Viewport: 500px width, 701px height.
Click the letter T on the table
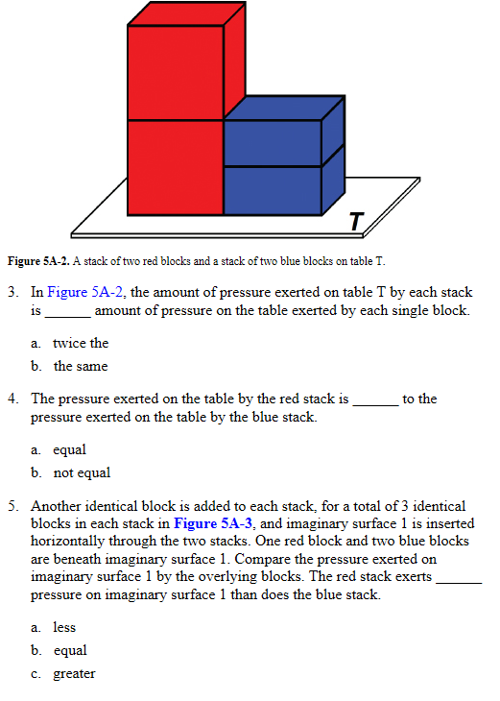click(x=355, y=222)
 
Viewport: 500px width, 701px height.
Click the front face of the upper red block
click(x=175, y=73)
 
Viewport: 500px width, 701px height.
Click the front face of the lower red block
click(x=175, y=166)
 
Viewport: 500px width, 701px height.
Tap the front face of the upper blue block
click(x=273, y=143)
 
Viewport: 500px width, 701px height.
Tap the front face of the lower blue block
click(x=273, y=189)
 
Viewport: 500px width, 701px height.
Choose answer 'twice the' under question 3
click(x=81, y=343)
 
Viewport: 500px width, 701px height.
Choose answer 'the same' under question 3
click(x=81, y=366)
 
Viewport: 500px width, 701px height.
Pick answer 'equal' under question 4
click(x=69, y=449)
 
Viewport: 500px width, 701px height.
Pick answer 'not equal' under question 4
click(x=82, y=472)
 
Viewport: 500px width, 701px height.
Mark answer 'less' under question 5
click(x=64, y=627)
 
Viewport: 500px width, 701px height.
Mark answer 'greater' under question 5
click(x=74, y=673)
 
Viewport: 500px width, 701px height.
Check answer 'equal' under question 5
click(x=69, y=650)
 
